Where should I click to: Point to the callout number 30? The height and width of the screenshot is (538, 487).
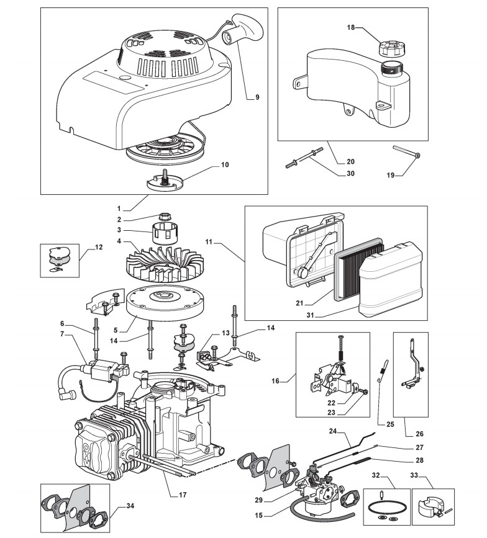click(351, 174)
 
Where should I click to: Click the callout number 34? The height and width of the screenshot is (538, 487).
click(129, 506)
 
